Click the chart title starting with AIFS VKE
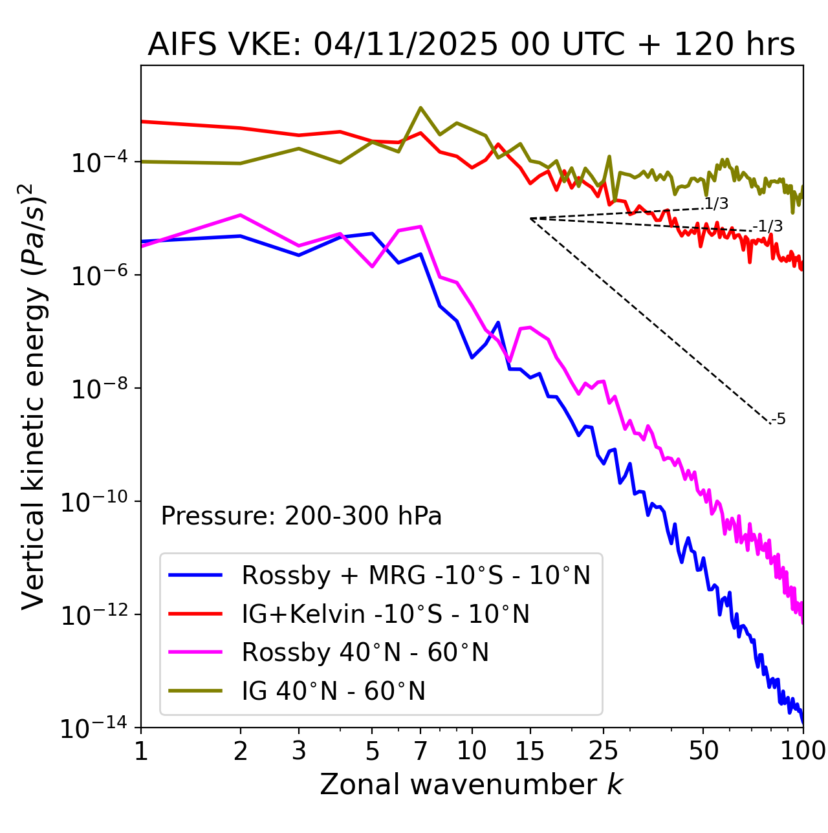(471, 45)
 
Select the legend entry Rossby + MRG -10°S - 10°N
(415, 575)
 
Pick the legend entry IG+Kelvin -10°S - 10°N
(386, 614)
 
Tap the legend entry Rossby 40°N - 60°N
(365, 653)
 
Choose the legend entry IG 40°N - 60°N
(333, 691)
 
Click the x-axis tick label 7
(420, 751)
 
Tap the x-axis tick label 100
(802, 751)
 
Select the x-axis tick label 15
(530, 751)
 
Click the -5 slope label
(778, 420)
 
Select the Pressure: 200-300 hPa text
(301, 517)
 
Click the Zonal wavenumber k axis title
(471, 785)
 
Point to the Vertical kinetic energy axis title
(34, 396)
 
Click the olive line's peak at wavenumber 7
(420, 108)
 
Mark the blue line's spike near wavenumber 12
(497, 322)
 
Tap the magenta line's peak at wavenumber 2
(241, 215)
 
